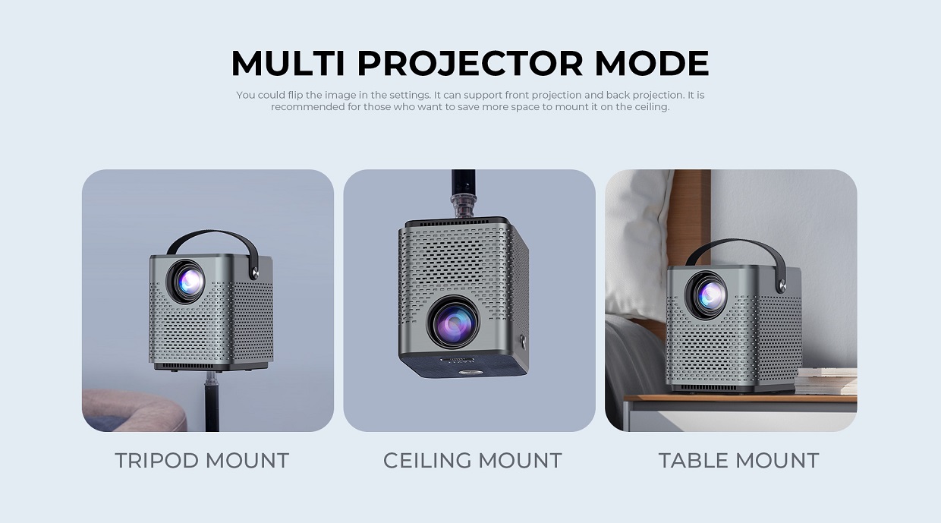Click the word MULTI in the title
(288, 63)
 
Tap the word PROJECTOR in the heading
(470, 63)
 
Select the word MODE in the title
(652, 63)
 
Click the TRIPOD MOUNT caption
(202, 461)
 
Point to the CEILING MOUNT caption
(472, 461)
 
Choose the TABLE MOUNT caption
(738, 461)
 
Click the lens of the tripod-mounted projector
(186, 282)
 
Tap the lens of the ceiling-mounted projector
(454, 323)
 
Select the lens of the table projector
(707, 295)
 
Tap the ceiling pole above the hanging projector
(464, 194)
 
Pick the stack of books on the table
(826, 381)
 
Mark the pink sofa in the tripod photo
(134, 411)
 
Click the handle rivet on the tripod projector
(254, 273)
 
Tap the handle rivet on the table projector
(782, 287)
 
